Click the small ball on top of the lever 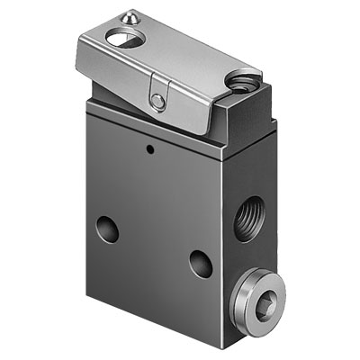131,15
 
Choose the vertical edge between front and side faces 222,234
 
